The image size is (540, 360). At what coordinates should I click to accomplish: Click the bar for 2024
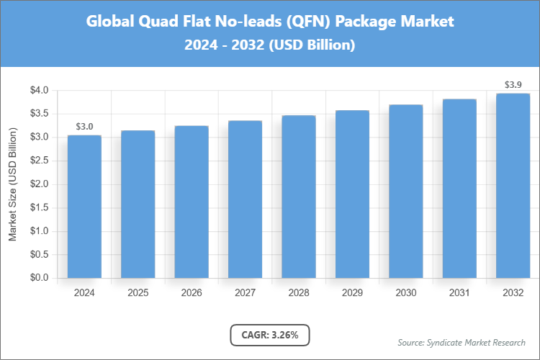pyautogui.click(x=84, y=207)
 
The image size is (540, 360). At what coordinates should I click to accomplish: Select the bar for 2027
pyautogui.click(x=245, y=199)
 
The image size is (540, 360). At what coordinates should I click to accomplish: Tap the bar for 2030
pyautogui.click(x=405, y=192)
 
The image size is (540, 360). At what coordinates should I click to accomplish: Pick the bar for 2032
pyautogui.click(x=513, y=186)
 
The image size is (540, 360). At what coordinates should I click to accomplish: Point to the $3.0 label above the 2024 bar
pyautogui.click(x=84, y=127)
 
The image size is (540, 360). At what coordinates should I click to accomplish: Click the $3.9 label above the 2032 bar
pyautogui.click(x=513, y=85)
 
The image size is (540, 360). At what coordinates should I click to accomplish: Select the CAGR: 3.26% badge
pyautogui.click(x=269, y=335)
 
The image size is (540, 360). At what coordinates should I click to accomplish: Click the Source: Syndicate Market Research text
pyautogui.click(x=462, y=342)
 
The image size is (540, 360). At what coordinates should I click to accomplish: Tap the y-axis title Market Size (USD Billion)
pyautogui.click(x=12, y=184)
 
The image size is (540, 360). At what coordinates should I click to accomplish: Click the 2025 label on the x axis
pyautogui.click(x=138, y=293)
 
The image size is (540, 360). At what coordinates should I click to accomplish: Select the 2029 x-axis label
pyautogui.click(x=352, y=293)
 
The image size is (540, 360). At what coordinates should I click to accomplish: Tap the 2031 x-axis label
pyautogui.click(x=459, y=293)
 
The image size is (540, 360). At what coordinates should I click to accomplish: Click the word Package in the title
pyautogui.click(x=370, y=22)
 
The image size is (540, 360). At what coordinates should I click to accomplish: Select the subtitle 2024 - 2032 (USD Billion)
pyautogui.click(x=270, y=45)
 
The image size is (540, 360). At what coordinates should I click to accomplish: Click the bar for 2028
pyautogui.click(x=298, y=197)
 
